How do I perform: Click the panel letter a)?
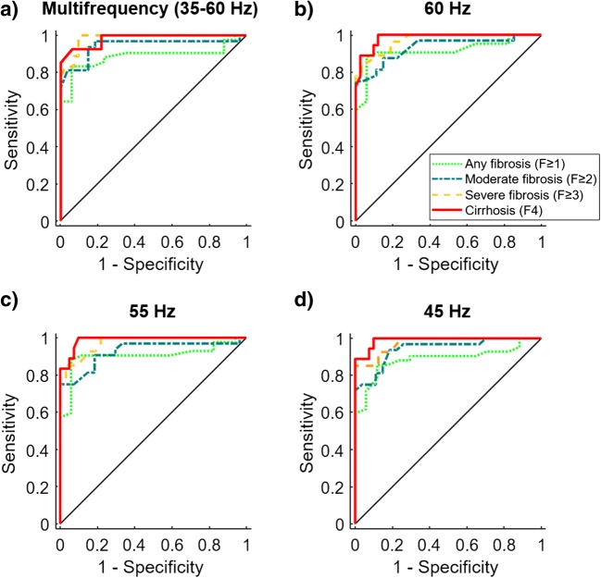13,13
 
